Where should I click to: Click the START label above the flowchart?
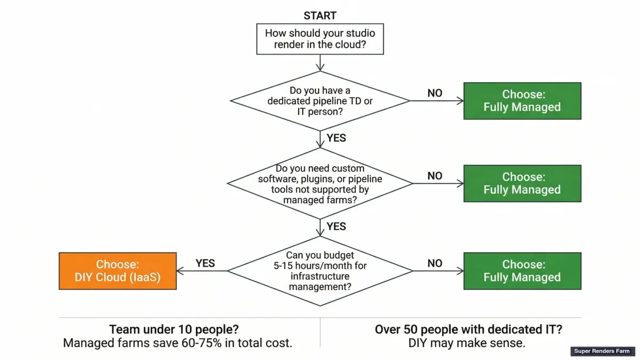320,15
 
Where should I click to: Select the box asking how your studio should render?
320,38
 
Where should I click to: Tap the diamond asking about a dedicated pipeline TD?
320,101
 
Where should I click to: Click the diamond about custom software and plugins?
320,183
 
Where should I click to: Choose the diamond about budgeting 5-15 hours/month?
320,271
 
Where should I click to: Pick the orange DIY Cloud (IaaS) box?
117,271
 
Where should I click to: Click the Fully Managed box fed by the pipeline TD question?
522,101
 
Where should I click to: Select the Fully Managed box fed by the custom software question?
522,183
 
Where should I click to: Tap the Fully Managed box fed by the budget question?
522,271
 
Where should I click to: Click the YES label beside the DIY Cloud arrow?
205,263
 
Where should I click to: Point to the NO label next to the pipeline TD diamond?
435,93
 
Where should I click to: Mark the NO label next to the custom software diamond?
435,176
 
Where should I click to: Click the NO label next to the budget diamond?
435,263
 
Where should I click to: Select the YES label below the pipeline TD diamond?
337,138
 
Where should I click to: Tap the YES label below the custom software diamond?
337,227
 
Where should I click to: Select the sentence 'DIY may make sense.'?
467,343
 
